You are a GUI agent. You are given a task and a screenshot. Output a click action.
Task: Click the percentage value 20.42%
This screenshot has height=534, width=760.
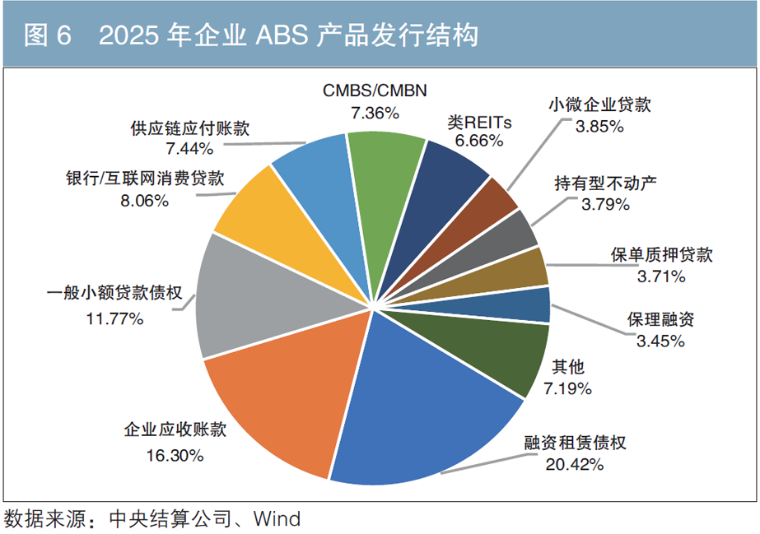pyautogui.click(x=575, y=465)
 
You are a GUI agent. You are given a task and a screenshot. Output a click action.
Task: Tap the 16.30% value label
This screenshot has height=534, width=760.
pyautogui.click(x=175, y=456)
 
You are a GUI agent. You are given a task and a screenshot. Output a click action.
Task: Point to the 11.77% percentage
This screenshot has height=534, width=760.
pyautogui.click(x=115, y=319)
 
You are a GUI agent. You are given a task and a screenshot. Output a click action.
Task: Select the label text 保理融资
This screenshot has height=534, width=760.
pyautogui.click(x=660, y=319)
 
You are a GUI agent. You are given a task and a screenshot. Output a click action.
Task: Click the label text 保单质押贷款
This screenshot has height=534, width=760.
pyautogui.click(x=662, y=254)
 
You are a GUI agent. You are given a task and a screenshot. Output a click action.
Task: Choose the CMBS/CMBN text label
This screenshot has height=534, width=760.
pyautogui.click(x=375, y=91)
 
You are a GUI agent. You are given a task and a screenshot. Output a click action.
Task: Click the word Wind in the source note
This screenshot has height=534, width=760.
pyautogui.click(x=277, y=519)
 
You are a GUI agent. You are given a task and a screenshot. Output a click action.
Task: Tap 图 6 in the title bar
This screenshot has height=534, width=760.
pyautogui.click(x=48, y=35)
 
